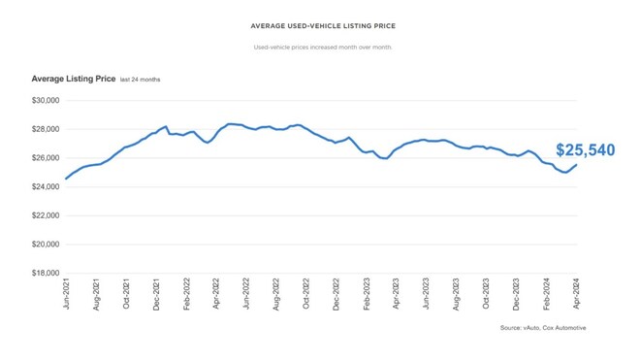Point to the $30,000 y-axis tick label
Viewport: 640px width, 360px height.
tap(46, 100)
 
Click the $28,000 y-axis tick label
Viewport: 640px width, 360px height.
tap(46, 129)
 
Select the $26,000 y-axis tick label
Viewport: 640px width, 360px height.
tap(46, 158)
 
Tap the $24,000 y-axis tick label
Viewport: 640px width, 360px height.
tap(46, 186)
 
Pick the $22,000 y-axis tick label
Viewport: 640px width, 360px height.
tap(46, 215)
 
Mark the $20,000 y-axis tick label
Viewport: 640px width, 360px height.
tap(46, 245)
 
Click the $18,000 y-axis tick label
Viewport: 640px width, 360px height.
tap(46, 274)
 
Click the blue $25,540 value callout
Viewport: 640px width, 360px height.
tap(585, 150)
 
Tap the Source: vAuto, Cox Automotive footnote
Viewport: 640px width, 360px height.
tap(543, 328)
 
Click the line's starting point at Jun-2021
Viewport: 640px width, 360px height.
tap(66, 179)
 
